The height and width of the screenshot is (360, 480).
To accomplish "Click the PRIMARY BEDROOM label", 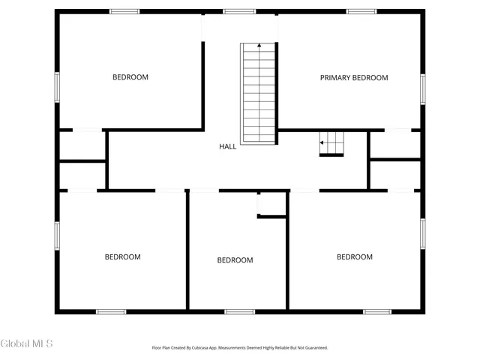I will click(x=354, y=78).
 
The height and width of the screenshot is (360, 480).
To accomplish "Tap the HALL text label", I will click(x=227, y=146).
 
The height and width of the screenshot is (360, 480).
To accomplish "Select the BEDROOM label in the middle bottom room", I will click(x=235, y=260).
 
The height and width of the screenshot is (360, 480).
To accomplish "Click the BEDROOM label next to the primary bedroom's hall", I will click(x=354, y=257).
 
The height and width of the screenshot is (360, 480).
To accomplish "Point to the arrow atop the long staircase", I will click(x=259, y=46).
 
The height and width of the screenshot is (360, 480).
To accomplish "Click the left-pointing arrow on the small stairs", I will click(x=322, y=142).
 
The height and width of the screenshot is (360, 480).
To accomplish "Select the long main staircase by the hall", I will click(x=259, y=93).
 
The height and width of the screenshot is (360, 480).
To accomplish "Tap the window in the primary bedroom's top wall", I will click(x=361, y=11).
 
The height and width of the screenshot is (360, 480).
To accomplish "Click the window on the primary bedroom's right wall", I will click(x=422, y=89).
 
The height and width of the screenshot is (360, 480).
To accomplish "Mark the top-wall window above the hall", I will click(x=239, y=11).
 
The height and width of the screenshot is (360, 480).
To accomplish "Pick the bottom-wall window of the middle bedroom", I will click(x=239, y=311).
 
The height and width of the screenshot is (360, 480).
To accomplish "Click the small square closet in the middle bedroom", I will click(x=271, y=203).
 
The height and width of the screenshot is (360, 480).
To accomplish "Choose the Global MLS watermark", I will click(x=27, y=344).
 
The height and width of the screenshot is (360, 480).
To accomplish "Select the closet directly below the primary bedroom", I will click(x=395, y=145).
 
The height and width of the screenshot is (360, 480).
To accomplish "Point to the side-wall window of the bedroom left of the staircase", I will click(x=57, y=86).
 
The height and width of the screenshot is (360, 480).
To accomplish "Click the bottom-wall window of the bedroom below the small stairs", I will click(x=377, y=311).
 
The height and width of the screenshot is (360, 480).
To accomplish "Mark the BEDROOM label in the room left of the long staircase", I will click(x=130, y=77).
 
